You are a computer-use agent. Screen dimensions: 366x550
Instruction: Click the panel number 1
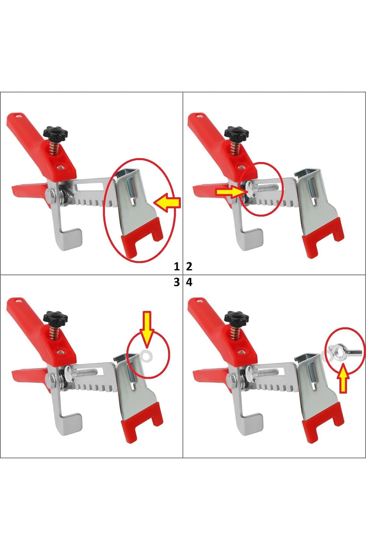click(x=177, y=267)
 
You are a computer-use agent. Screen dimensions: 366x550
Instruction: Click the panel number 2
click(x=189, y=267)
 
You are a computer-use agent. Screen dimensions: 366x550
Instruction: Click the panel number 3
click(x=177, y=282)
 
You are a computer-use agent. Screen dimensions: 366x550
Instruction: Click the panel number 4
click(x=189, y=282)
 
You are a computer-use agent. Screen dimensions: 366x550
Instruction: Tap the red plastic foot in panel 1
click(x=142, y=235)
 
